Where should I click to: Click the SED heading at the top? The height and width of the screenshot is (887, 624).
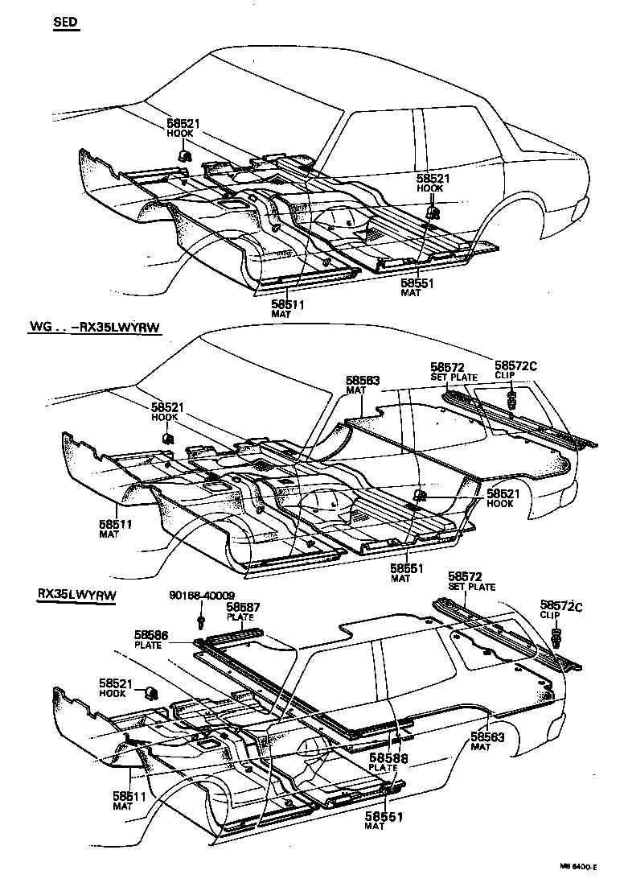click(x=66, y=23)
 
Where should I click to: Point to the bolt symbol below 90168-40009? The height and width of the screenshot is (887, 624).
click(x=200, y=620)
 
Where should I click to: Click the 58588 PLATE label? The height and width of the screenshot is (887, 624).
click(x=388, y=762)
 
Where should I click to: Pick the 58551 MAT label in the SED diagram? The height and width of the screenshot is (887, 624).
click(x=417, y=288)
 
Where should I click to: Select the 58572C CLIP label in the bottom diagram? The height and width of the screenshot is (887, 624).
click(x=560, y=609)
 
